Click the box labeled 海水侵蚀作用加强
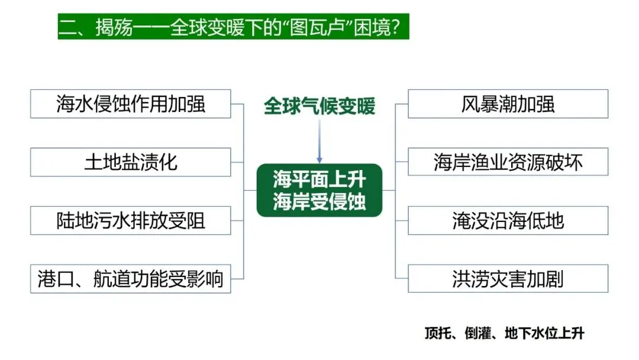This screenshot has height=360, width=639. tap(130, 104)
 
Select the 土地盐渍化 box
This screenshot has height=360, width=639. tap(130, 162)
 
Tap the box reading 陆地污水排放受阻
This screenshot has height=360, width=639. tap(130, 220)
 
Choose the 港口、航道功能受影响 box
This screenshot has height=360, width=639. tap(130, 279)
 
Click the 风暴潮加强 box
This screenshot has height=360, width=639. tap(508, 104)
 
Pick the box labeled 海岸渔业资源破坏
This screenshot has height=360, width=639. tap(508, 162)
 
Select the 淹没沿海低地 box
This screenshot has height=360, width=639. tap(508, 220)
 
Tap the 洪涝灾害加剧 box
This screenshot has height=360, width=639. tap(508, 279)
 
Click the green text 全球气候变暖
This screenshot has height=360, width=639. tap(319, 107)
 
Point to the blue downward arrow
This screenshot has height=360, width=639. tap(319, 142)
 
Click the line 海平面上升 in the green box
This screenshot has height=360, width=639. tap(319, 179)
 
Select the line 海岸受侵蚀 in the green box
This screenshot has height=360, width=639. tap(319, 201)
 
